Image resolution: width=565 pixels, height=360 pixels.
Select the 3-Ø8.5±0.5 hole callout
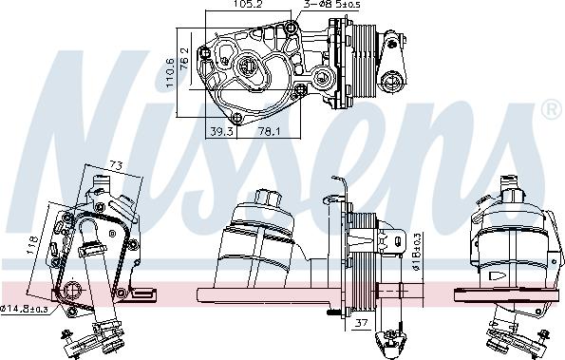332,6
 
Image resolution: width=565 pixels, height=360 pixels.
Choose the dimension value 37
360,323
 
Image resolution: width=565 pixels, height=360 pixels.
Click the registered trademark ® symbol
550,111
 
